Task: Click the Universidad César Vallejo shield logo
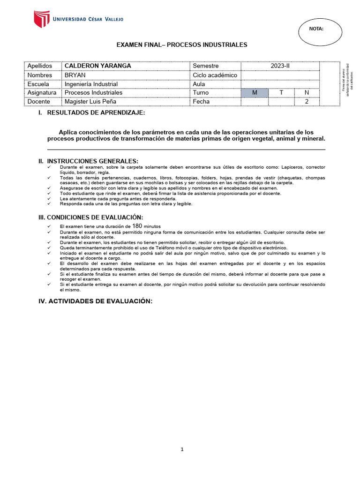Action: [41, 19]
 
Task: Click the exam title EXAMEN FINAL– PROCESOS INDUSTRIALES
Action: [181, 45]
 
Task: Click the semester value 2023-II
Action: [280, 66]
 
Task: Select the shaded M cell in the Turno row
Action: [255, 92]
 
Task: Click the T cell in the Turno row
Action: [281, 92]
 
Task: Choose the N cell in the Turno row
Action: [307, 92]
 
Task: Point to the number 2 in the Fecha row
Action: [307, 101]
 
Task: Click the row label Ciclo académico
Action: [215, 75]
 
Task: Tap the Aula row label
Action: [199, 84]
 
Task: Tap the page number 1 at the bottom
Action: [182, 450]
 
